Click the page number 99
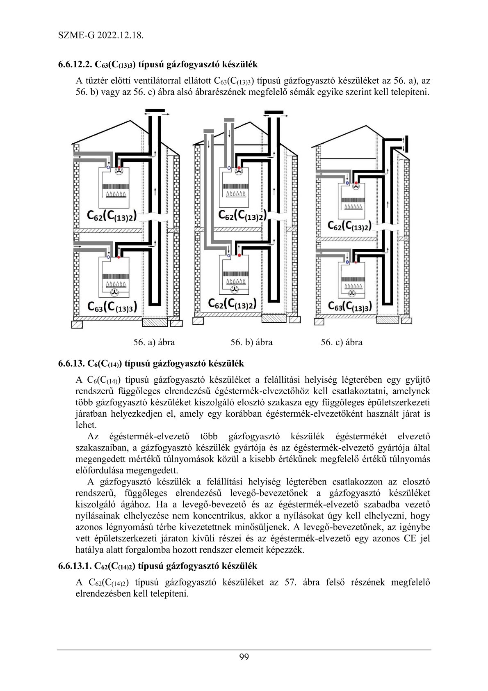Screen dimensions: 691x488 click(x=244, y=657)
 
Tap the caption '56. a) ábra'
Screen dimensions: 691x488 click(x=154, y=342)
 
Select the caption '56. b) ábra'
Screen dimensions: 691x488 click(x=251, y=342)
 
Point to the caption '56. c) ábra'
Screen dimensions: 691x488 click(x=342, y=342)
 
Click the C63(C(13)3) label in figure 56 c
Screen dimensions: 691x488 click(x=350, y=307)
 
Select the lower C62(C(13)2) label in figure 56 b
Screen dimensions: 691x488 click(x=232, y=304)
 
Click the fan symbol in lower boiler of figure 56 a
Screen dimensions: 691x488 click(x=115, y=292)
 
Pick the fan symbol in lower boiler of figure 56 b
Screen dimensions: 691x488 click(x=234, y=289)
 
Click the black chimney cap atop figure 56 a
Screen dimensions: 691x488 click(x=154, y=111)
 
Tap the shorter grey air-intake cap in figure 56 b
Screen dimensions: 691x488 click(x=209, y=131)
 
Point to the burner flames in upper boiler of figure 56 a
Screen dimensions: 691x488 click(x=115, y=194)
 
